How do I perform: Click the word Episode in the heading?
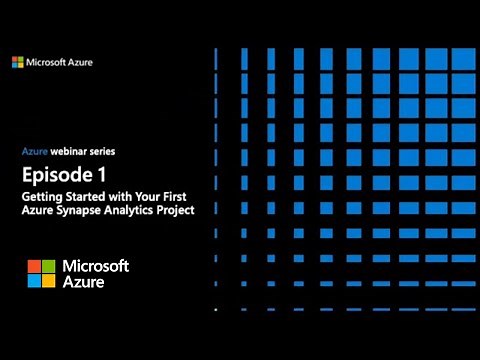[58, 175]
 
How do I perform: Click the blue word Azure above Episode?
[35, 152]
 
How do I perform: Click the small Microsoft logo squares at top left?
[18, 63]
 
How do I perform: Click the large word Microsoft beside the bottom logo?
[96, 265]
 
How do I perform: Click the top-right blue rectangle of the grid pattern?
[463, 57]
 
